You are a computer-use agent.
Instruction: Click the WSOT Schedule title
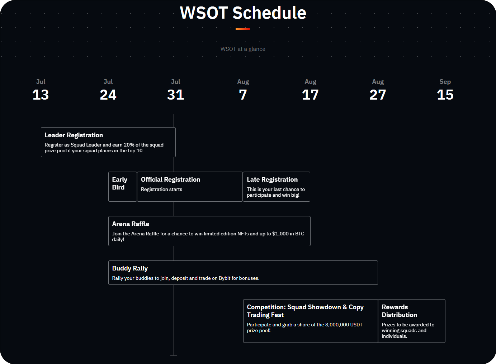(x=243, y=13)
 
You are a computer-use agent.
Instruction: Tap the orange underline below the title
(x=243, y=29)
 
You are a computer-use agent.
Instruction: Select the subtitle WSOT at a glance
(x=243, y=49)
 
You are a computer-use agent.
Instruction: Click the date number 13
(x=41, y=95)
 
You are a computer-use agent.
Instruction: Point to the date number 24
(x=108, y=95)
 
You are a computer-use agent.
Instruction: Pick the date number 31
(x=175, y=95)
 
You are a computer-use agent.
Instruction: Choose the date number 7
(x=243, y=95)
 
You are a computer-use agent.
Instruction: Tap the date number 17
(x=310, y=95)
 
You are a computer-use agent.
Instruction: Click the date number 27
(x=378, y=95)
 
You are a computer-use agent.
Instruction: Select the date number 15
(x=445, y=95)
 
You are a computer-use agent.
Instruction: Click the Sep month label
(x=445, y=82)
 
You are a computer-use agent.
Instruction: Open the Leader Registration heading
(x=74, y=135)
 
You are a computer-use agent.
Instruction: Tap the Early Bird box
(x=122, y=187)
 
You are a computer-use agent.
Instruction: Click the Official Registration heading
(x=170, y=179)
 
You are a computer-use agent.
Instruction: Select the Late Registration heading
(x=272, y=179)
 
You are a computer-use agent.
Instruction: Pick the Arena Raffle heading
(x=131, y=224)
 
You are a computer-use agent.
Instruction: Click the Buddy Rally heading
(x=130, y=268)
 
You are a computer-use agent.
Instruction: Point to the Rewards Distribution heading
(x=400, y=311)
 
